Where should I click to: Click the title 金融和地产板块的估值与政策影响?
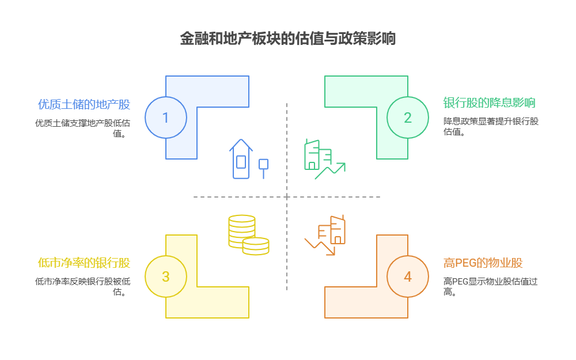[287, 39]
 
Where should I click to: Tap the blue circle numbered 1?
[165, 118]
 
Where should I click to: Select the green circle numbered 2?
[407, 118]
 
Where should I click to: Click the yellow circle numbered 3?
[165, 276]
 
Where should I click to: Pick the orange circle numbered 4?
[407, 276]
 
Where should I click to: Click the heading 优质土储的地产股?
[84, 104]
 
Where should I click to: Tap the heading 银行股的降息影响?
[489, 103]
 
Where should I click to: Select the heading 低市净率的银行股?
[84, 263]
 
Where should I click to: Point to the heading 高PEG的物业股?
[483, 263]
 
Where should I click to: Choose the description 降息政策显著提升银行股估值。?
[490, 126]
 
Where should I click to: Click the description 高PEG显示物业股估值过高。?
[490, 286]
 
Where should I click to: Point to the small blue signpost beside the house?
[264, 168]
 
